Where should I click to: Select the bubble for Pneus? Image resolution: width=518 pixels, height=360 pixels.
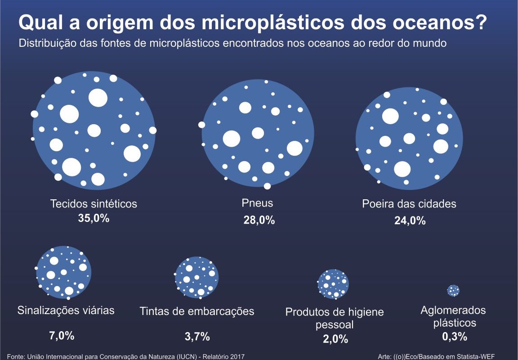tap(258, 133)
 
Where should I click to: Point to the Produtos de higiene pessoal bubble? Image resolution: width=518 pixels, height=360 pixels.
tap(333, 284)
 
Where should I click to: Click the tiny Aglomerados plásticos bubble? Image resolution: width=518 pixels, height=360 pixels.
tap(453, 290)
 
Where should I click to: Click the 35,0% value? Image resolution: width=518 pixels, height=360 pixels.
tap(94, 219)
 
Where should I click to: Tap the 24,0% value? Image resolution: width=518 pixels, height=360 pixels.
tap(410, 220)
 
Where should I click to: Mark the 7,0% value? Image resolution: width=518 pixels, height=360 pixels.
tap(61, 335)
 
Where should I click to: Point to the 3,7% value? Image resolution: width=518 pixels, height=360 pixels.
tap(197, 336)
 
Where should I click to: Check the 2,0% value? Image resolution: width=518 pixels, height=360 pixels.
tap(335, 339)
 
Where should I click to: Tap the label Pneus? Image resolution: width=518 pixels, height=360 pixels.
tap(257, 203)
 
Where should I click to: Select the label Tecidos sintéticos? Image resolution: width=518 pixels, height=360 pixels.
tap(94, 204)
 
